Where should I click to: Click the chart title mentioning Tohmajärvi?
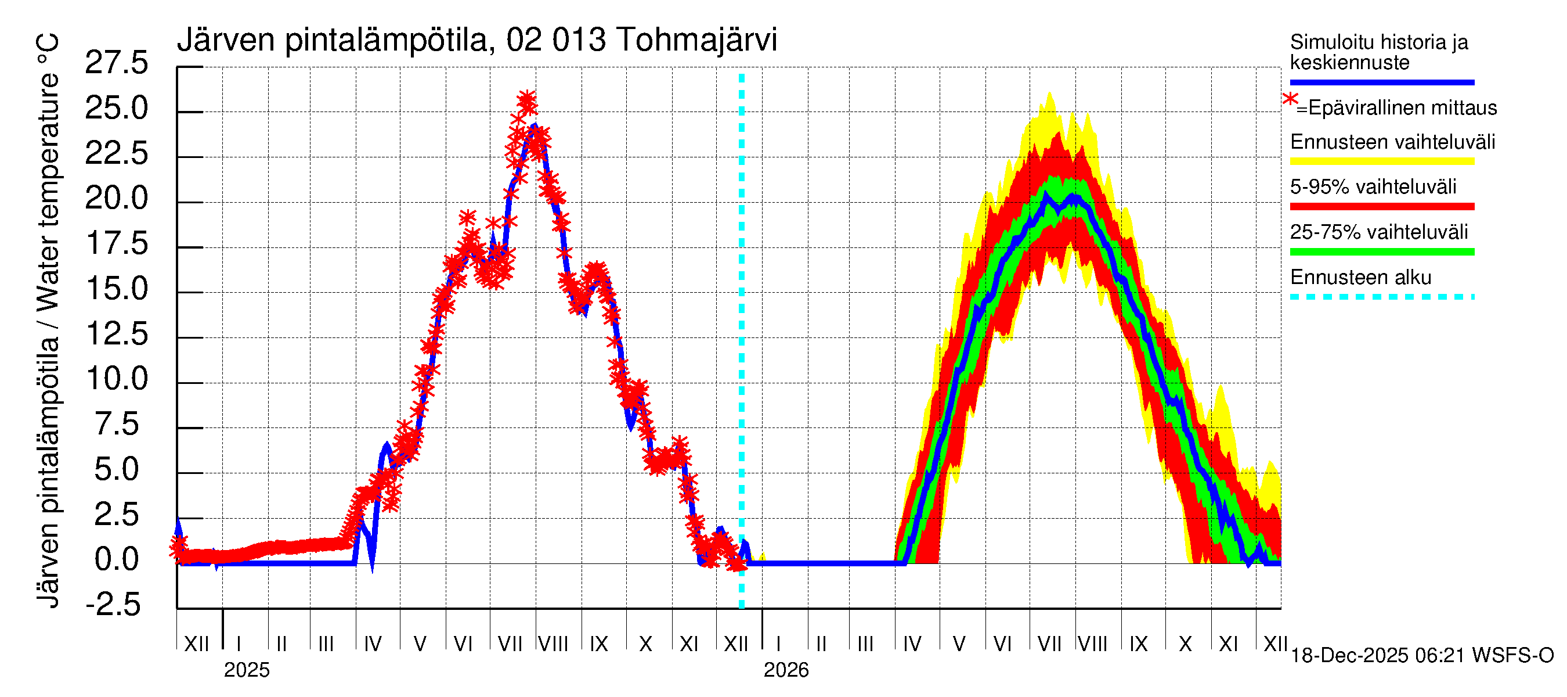476,40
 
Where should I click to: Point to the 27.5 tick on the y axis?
116,63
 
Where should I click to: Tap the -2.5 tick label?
113,605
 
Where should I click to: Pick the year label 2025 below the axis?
246,670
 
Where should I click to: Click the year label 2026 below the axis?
786,670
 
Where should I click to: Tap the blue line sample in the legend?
1381,82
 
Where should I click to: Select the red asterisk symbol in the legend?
1290,99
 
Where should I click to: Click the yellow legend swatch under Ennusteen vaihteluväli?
1381,161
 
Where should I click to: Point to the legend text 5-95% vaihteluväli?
1373,186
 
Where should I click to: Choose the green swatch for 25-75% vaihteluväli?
1381,252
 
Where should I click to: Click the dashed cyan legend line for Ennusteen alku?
1381,297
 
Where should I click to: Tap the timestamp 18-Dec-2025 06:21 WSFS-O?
1421,656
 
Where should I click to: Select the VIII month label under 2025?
553,644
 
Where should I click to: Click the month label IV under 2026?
912,644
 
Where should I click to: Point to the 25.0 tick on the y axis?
116,109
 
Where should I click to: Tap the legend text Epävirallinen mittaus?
1402,108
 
